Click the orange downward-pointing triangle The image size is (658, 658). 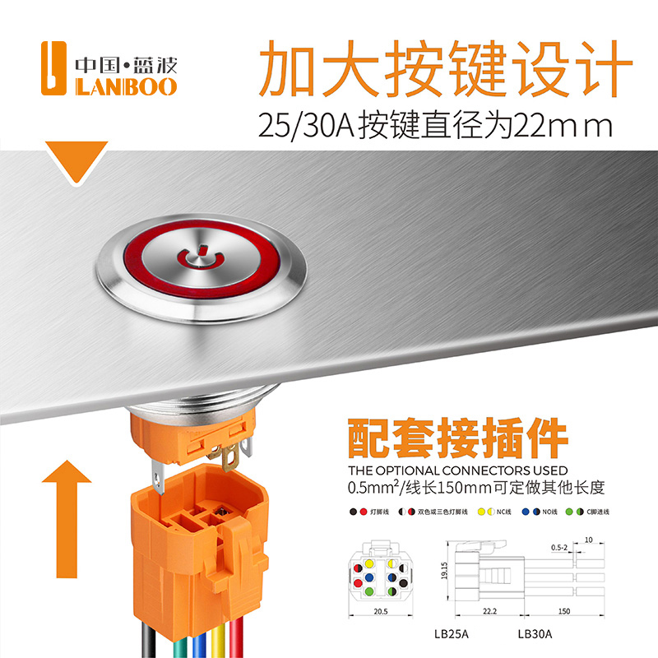point(77,160)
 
